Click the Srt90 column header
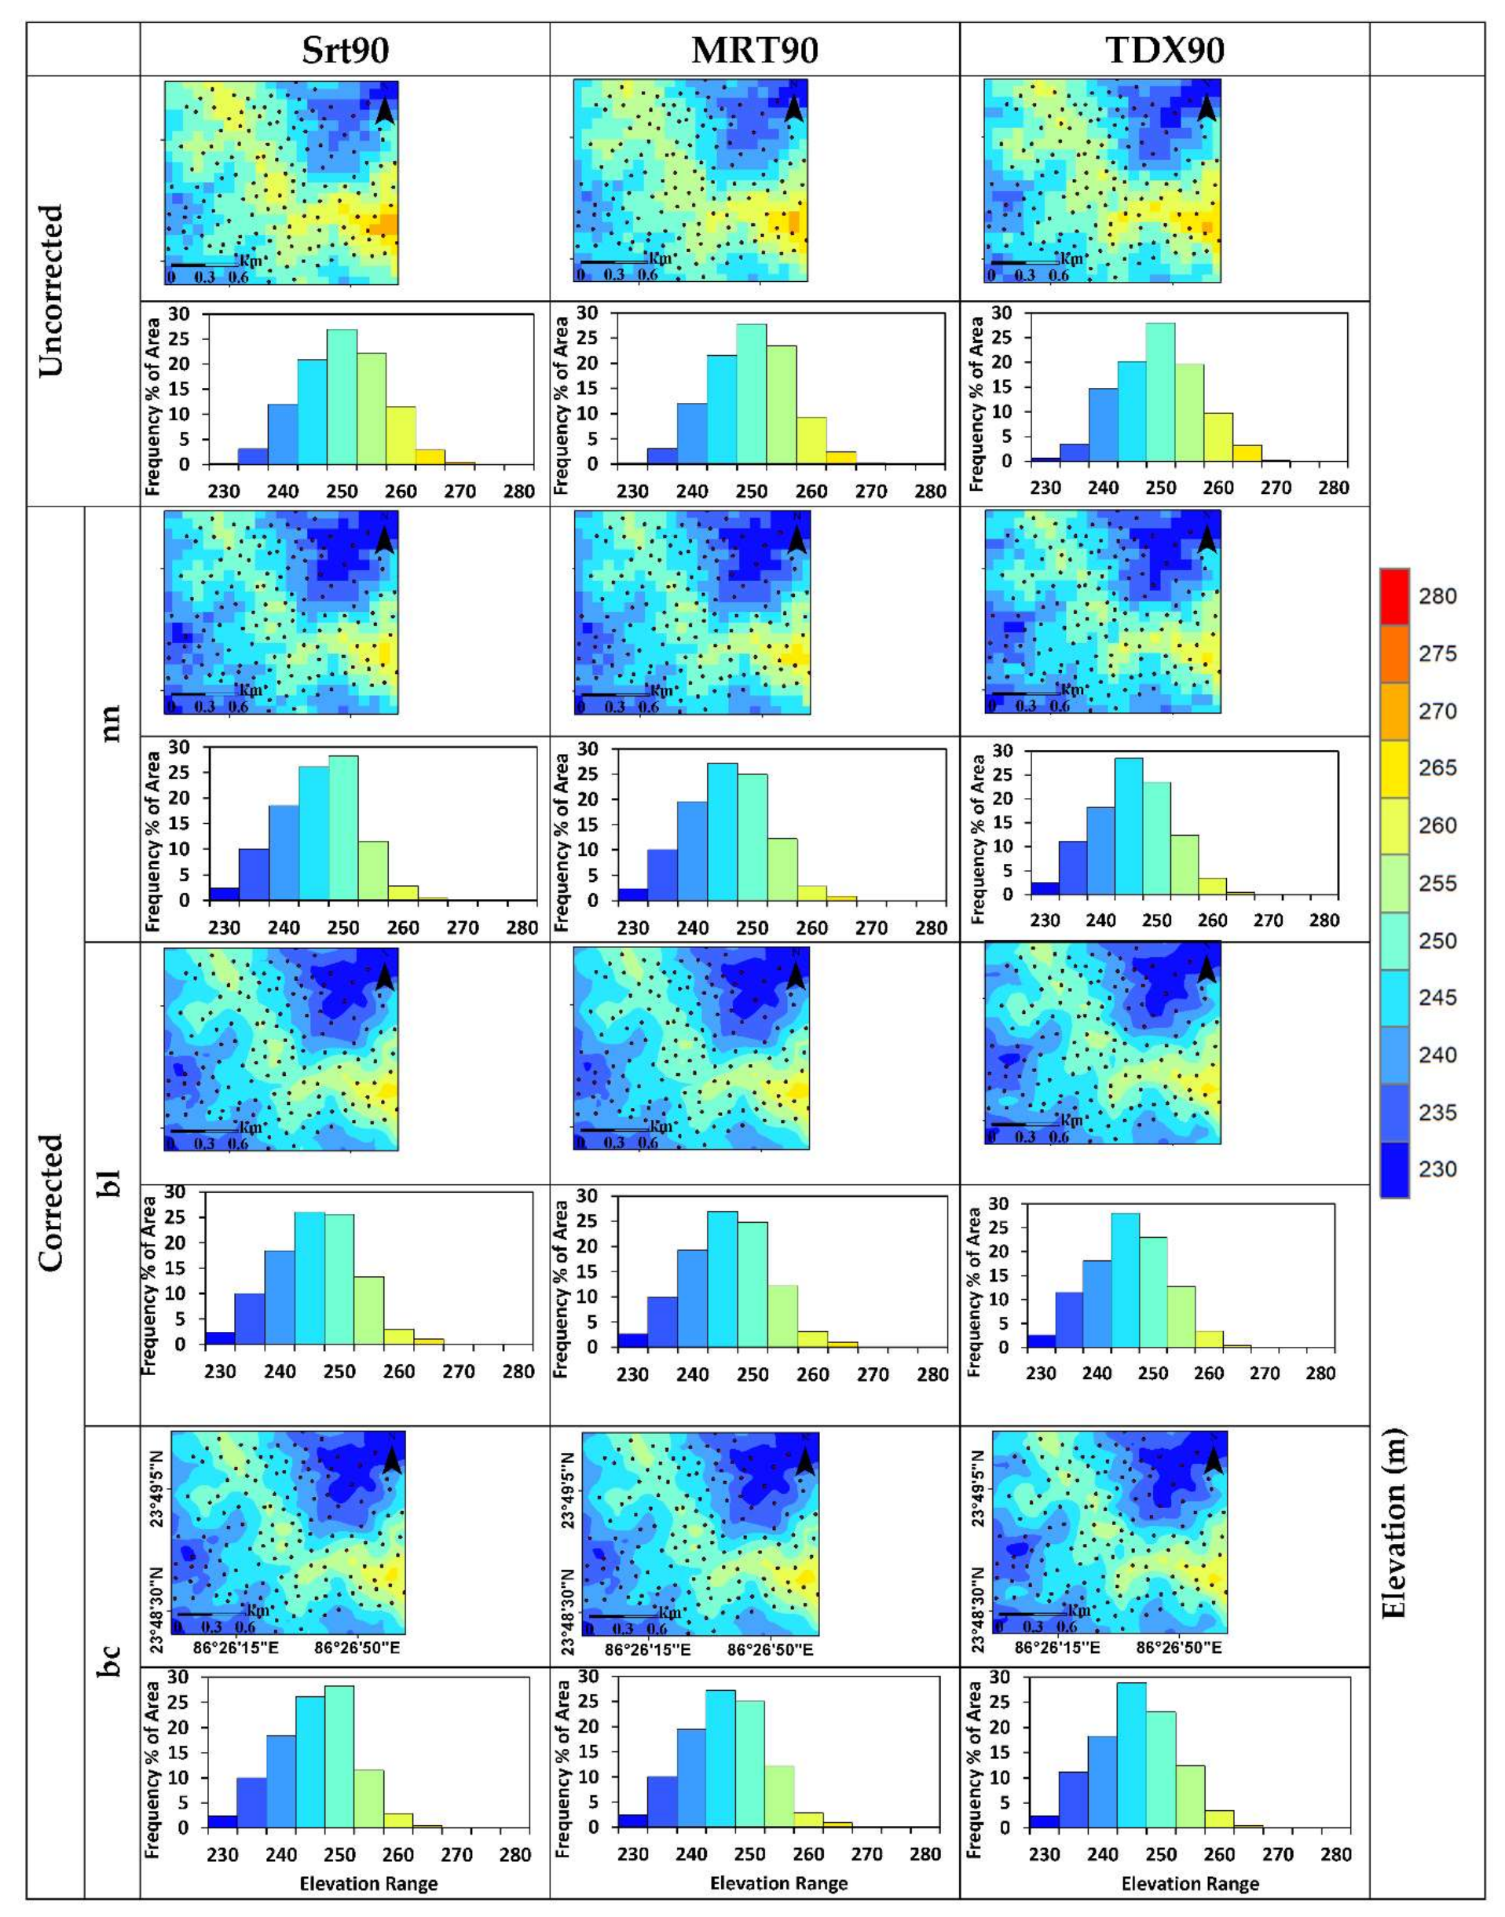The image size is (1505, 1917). [345, 51]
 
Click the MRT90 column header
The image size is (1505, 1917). [754, 51]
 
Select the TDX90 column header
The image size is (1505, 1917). [1164, 51]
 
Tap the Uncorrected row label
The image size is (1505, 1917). [53, 290]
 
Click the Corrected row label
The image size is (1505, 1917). [53, 1202]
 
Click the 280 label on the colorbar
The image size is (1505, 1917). [1437, 596]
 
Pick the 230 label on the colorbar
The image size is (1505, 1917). [1437, 1169]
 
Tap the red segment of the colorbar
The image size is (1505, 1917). [1395, 596]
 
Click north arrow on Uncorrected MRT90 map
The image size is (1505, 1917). [793, 107]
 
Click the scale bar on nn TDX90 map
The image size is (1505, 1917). [1024, 694]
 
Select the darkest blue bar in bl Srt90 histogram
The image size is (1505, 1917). [219, 1337]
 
